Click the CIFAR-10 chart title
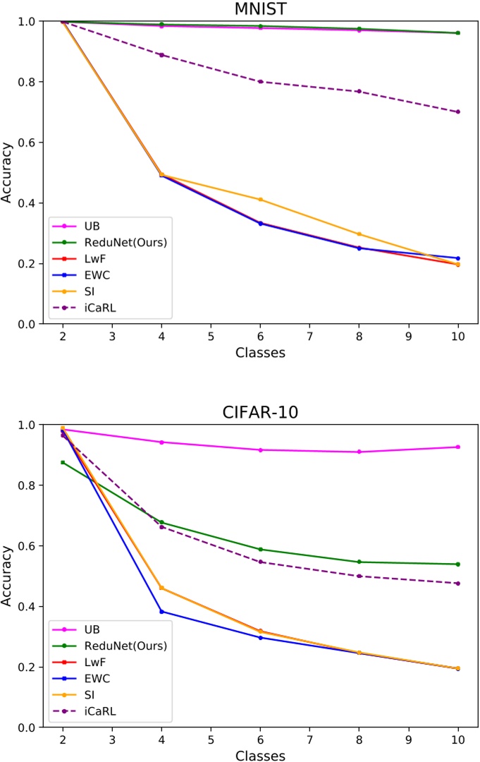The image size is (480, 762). (260, 412)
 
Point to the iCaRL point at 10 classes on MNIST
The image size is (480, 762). (458, 111)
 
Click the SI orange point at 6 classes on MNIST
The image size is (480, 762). (260, 200)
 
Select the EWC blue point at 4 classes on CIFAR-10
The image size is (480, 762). (161, 612)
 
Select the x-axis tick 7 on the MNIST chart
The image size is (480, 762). (309, 337)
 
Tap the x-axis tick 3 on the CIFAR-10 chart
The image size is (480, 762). (112, 740)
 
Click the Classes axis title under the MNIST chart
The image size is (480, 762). (260, 353)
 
